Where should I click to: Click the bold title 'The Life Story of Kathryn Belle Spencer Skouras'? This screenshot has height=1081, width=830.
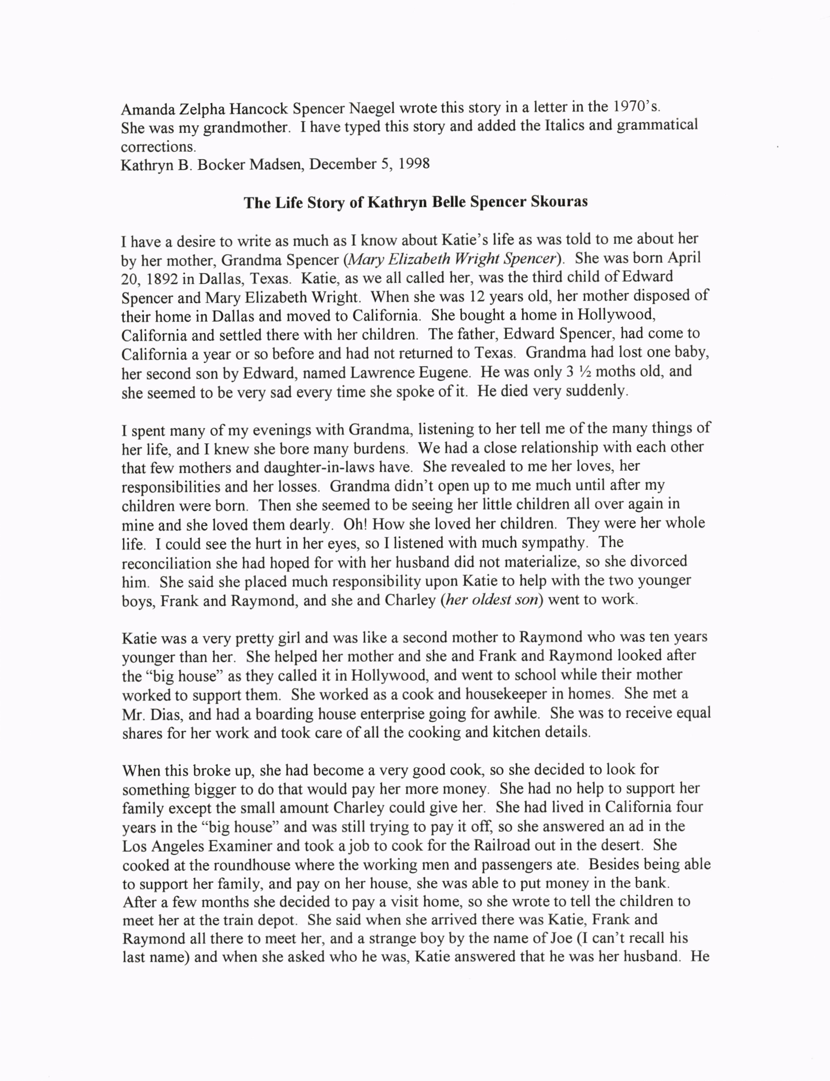pos(415,203)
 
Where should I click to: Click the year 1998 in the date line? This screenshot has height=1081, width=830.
pos(414,163)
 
